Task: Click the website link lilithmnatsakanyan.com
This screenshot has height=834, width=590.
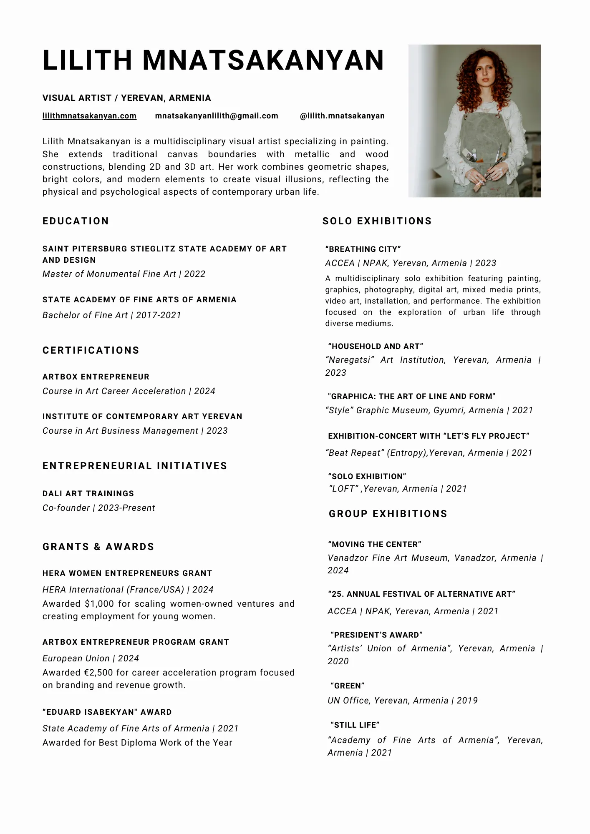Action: [x=89, y=116]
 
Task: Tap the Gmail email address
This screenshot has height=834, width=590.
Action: [x=216, y=116]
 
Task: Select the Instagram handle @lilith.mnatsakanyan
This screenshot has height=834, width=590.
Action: [x=342, y=116]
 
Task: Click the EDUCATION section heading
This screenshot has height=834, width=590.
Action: [x=76, y=221]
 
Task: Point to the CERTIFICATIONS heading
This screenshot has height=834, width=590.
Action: [x=91, y=350]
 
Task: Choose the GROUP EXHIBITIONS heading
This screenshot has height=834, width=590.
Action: [x=388, y=514]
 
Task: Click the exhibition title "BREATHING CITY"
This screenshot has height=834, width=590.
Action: [x=363, y=249]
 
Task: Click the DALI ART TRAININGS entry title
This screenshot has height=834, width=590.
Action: [x=88, y=494]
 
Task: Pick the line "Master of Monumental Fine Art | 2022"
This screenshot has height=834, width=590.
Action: [x=124, y=274]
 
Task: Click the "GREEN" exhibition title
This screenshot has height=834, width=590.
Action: [x=347, y=686]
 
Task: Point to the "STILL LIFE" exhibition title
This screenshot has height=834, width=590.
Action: [x=355, y=725]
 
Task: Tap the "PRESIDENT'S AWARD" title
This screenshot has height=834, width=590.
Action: [x=376, y=635]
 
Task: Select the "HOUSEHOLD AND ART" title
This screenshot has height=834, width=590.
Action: [x=376, y=347]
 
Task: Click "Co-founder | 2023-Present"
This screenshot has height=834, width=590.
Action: [x=98, y=508]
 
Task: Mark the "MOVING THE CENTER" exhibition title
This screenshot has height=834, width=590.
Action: [x=374, y=545]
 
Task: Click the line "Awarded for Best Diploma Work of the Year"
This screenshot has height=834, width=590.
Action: [x=137, y=743]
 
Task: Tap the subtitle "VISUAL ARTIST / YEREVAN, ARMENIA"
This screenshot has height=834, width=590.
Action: [x=126, y=98]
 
